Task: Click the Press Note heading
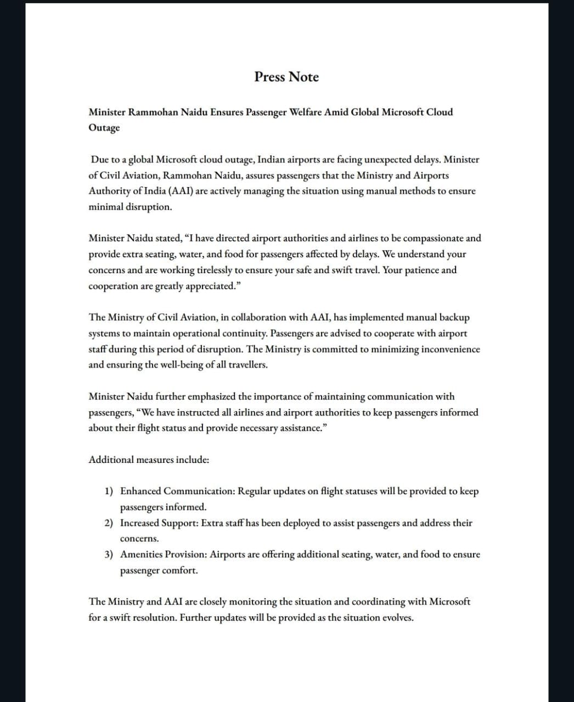point(286,77)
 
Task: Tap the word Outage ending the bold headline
point(104,128)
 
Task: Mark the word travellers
point(245,365)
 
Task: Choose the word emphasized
point(212,397)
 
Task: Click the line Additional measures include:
point(149,460)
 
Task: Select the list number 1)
point(109,491)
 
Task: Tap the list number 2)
point(109,523)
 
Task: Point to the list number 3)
point(109,554)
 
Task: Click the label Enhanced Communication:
point(178,491)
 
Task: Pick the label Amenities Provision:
point(164,554)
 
